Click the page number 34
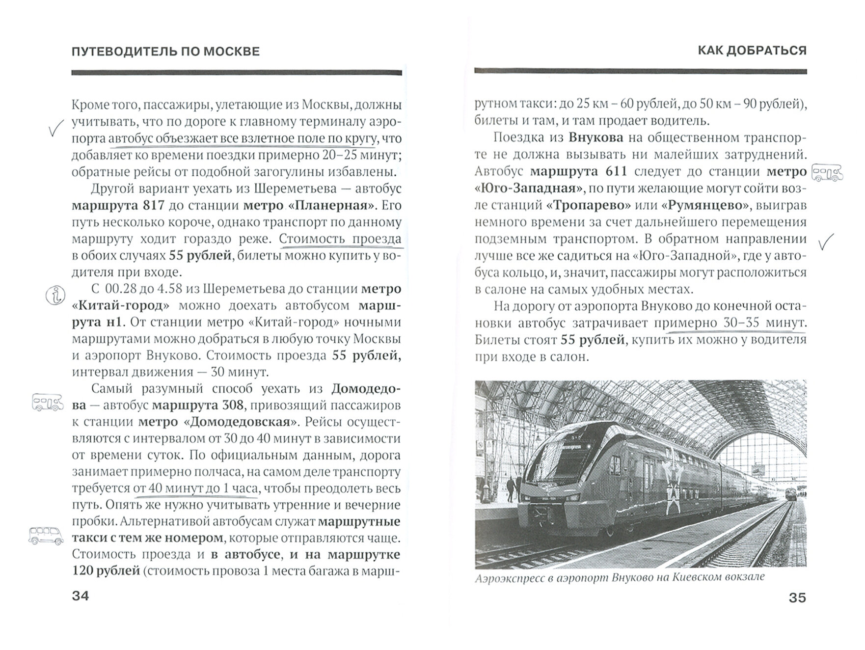click(x=81, y=596)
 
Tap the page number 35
click(x=797, y=597)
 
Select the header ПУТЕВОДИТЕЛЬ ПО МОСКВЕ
click(x=165, y=52)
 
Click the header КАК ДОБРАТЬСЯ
click(x=752, y=51)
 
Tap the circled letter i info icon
click(x=55, y=296)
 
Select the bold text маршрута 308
click(x=198, y=405)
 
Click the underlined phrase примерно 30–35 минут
click(x=730, y=323)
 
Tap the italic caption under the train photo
click(x=620, y=578)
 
